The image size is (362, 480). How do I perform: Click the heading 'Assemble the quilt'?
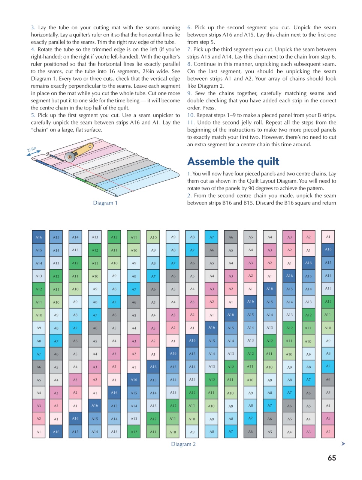coord(233,162)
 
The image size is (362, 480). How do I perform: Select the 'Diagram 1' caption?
coord(105,203)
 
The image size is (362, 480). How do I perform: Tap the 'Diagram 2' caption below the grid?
coord(183,444)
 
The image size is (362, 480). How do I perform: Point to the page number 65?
coord(332,458)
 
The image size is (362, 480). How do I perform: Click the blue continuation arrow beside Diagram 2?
coord(343,444)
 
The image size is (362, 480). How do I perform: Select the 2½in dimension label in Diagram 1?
coord(32,150)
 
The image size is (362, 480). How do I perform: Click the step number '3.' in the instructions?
coord(33,27)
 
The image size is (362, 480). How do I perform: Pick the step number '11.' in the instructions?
coord(191,123)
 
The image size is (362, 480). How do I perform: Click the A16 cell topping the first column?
coord(39,237)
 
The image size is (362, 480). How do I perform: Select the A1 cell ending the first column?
coord(39,432)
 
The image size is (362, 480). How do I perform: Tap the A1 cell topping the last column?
coord(328,237)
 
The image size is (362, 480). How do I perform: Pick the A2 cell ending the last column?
coord(328,432)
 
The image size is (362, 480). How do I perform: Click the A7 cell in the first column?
coord(39,354)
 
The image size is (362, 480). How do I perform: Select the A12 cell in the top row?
coord(114,237)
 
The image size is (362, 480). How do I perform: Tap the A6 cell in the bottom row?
coord(250,432)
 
